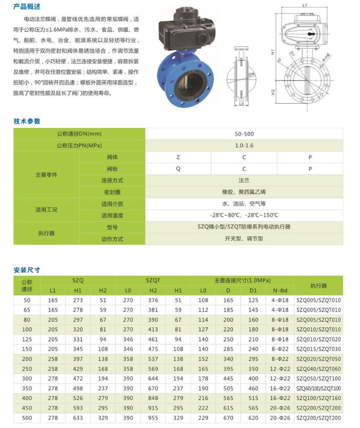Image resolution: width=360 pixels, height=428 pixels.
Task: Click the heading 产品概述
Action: point(27,7)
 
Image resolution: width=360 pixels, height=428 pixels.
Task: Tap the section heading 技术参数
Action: point(27,121)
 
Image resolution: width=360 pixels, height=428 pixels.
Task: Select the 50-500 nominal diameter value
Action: point(244,134)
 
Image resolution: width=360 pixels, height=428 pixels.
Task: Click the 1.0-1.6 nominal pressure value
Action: point(244,145)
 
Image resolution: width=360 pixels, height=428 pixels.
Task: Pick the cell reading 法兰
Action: point(244,181)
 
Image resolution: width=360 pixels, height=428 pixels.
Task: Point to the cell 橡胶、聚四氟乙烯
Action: point(244,192)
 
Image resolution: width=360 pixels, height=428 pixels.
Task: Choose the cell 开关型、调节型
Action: point(244,239)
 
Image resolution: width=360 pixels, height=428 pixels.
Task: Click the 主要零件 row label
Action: point(46,175)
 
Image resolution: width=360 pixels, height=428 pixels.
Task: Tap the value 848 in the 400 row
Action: point(153,399)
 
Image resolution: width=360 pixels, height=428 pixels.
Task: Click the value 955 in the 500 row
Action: point(153,418)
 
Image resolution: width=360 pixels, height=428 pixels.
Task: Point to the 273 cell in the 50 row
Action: point(78,301)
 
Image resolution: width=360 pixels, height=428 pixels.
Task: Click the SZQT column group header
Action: point(153,280)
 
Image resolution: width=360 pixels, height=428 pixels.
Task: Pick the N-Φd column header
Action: point(280,290)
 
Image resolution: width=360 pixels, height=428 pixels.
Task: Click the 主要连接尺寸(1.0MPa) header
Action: point(242,280)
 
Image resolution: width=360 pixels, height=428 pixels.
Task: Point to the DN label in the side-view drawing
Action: point(251,75)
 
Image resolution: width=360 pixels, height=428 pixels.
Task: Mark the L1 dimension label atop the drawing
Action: point(305,5)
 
